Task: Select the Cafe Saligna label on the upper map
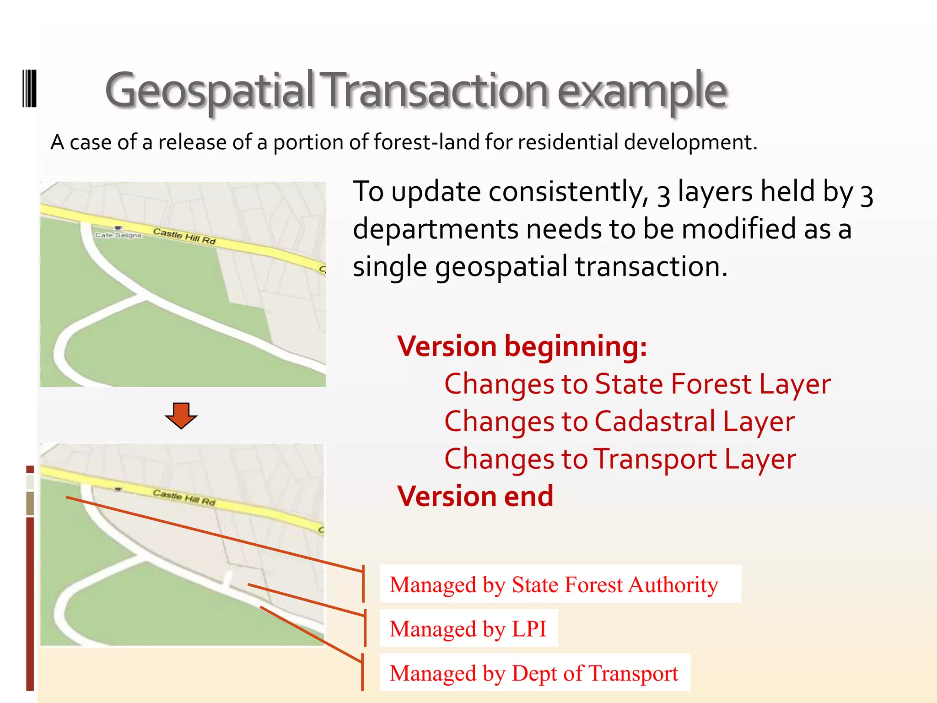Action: click(x=118, y=235)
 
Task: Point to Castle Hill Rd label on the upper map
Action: click(x=184, y=236)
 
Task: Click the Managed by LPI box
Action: click(x=468, y=628)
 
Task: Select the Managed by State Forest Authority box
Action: click(x=560, y=584)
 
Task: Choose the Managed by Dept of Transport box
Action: click(x=534, y=673)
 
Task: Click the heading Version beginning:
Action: click(x=522, y=346)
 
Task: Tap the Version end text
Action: click(x=475, y=496)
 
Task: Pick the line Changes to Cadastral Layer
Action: click(x=619, y=422)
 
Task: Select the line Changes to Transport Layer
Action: click(x=620, y=459)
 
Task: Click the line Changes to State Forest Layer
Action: click(x=637, y=384)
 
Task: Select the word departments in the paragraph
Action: click(x=436, y=229)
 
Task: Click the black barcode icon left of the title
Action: click(x=29, y=88)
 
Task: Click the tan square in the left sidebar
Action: click(x=30, y=503)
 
